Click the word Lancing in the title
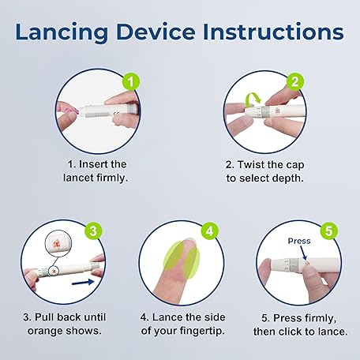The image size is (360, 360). [x=62, y=32]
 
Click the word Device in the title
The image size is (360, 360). [x=156, y=32]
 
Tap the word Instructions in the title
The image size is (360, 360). [x=273, y=32]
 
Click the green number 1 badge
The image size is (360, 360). [x=131, y=81]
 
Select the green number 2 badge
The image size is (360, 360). [x=295, y=81]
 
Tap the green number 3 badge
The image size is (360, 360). [x=93, y=231]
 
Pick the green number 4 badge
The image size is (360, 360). [x=210, y=231]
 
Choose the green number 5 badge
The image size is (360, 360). [x=329, y=231]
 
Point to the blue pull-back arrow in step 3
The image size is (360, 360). [x=83, y=283]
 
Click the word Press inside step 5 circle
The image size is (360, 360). [x=299, y=241]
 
